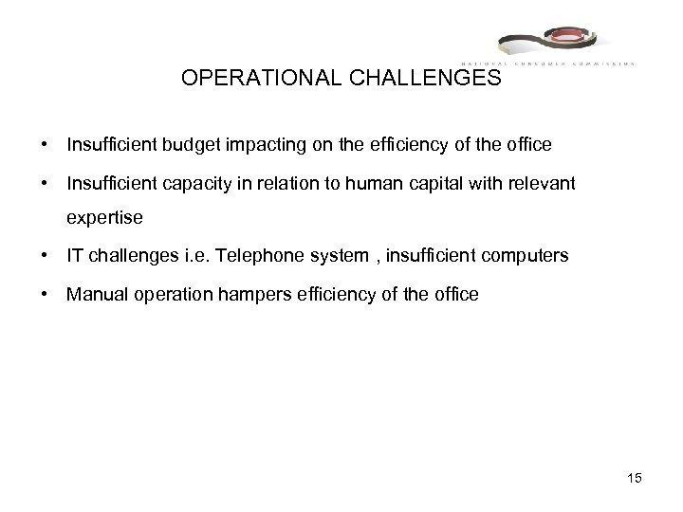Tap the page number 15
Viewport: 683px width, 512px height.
coord(635,479)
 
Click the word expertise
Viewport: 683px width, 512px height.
coord(104,218)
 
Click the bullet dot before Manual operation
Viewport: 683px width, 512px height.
coord(45,295)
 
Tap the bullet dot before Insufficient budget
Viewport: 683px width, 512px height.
coord(45,146)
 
